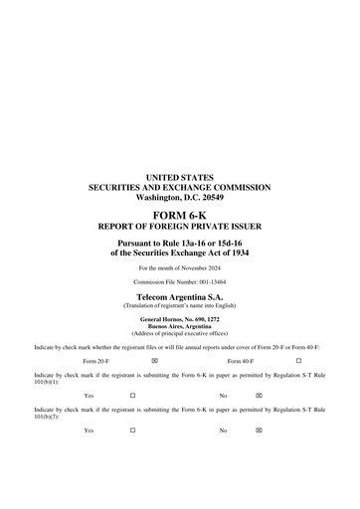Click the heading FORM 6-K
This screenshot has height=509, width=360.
click(179, 214)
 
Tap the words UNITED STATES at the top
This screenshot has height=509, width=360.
click(179, 177)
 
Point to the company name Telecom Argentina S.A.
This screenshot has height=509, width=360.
click(179, 297)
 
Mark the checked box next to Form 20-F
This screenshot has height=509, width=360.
click(154, 360)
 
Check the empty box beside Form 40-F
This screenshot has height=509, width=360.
click(298, 360)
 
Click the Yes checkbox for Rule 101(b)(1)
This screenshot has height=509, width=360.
click(132, 395)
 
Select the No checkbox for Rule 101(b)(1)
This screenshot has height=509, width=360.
click(259, 395)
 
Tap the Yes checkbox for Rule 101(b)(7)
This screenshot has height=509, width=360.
click(132, 429)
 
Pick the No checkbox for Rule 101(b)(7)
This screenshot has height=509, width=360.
click(259, 429)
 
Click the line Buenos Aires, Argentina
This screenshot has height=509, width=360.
click(179, 325)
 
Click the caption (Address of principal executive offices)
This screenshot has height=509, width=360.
click(179, 332)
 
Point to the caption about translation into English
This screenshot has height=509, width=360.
click(179, 305)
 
